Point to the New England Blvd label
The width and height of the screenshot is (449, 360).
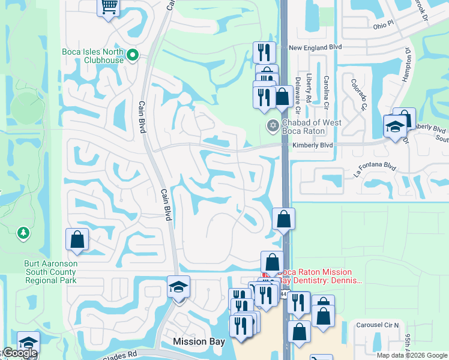click(315, 47)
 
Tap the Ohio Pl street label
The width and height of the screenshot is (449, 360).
click(382, 25)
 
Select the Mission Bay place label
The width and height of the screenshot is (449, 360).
click(199, 341)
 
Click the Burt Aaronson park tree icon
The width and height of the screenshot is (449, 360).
click(23, 232)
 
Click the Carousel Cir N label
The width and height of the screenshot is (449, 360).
click(376, 325)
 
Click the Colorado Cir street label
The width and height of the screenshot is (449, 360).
click(358, 95)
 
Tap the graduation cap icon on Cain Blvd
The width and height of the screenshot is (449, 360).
click(178, 287)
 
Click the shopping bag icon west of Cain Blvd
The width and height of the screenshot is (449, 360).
click(77, 240)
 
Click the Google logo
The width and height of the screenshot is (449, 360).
click(19, 353)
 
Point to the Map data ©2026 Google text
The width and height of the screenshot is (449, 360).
click(412, 355)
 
